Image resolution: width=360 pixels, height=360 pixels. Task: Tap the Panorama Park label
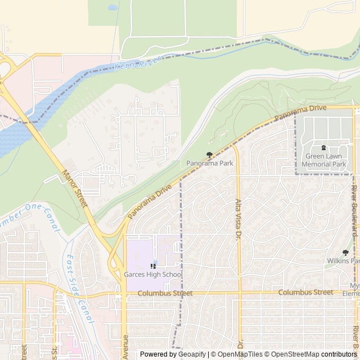point(210,163)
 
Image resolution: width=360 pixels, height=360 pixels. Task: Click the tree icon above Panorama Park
point(210,154)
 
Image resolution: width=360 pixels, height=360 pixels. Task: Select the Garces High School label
point(153,274)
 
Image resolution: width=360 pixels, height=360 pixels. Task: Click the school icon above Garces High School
point(153,266)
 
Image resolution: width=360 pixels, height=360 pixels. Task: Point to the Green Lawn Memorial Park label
point(323,160)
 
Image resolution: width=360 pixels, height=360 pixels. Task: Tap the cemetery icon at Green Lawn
point(323,148)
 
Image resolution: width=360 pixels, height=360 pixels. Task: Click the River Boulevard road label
point(354,208)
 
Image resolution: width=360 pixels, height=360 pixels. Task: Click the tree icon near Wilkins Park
point(345,253)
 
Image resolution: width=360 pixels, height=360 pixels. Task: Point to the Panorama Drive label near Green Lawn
point(300,112)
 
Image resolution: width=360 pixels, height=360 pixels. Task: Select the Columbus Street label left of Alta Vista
point(165,293)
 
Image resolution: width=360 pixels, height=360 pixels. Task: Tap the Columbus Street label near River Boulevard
point(305,292)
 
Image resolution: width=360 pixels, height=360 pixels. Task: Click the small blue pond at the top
point(112,8)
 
